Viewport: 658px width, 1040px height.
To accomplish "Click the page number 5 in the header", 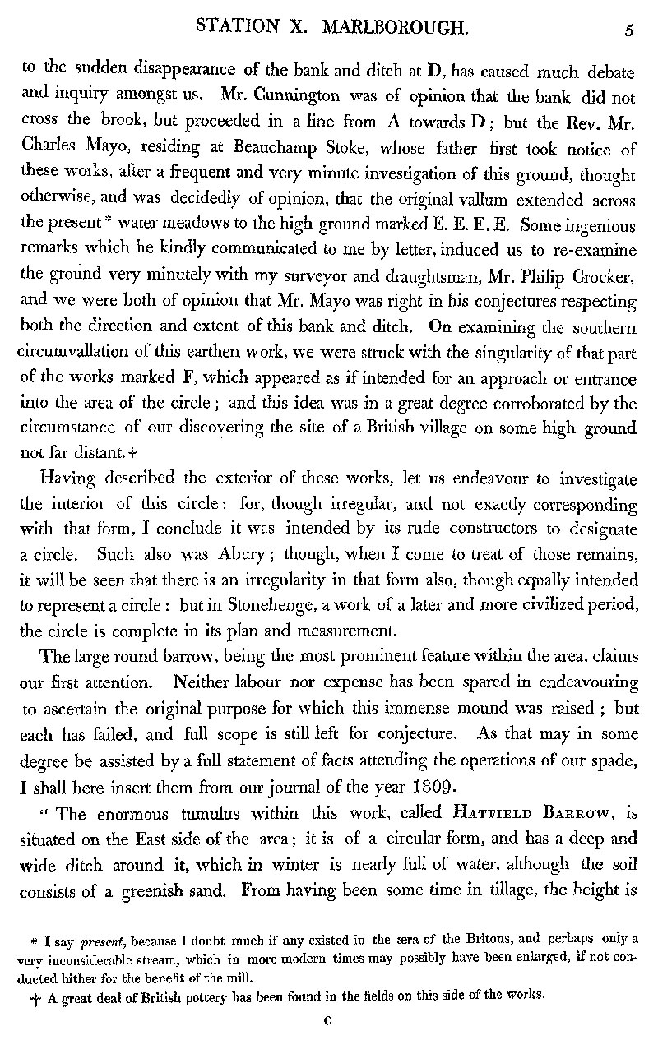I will pos(628,30).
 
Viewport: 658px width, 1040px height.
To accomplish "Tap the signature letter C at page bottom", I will pos(327,1019).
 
